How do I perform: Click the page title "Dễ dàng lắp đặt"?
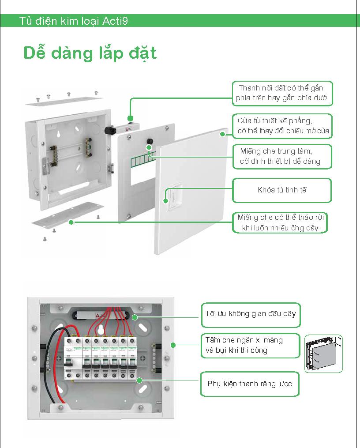tap(90, 53)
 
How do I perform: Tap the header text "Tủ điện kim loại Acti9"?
tap(74, 21)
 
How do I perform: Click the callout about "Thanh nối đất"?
tap(282, 93)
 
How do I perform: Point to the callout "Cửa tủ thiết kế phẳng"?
tap(282, 126)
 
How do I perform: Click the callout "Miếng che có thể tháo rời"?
tap(282, 223)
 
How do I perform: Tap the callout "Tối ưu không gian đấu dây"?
tap(250, 314)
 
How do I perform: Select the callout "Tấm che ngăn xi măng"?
tap(250, 345)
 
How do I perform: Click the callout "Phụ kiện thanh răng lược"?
tap(250, 384)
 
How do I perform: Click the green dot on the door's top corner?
tap(223, 134)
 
